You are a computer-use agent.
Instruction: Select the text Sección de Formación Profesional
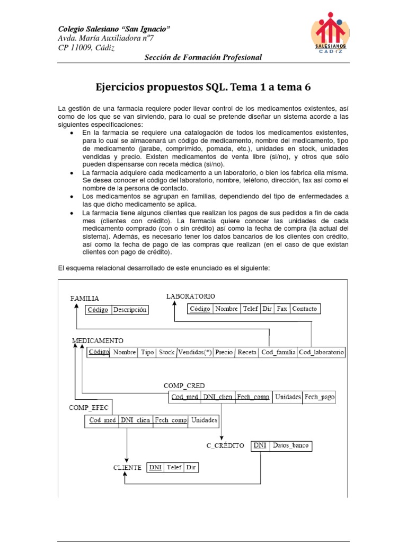(203, 57)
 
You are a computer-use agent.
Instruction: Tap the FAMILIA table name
(85, 299)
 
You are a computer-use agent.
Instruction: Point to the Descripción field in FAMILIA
(129, 310)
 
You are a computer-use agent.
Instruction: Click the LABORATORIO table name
(190, 296)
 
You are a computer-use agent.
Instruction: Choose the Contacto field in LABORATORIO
(305, 309)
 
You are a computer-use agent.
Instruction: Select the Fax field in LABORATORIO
(281, 309)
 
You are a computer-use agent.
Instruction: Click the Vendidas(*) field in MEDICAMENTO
(194, 352)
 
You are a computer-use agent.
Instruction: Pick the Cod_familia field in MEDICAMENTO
(278, 352)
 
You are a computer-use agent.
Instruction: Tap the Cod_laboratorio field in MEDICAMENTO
(321, 352)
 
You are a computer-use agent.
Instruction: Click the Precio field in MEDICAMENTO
(224, 352)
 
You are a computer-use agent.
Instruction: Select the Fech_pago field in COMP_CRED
(320, 397)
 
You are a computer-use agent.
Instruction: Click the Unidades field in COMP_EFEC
(204, 421)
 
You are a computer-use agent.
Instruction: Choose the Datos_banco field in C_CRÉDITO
(290, 445)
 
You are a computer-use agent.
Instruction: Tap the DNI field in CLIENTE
(155, 468)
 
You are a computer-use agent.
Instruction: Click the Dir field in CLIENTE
(190, 468)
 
